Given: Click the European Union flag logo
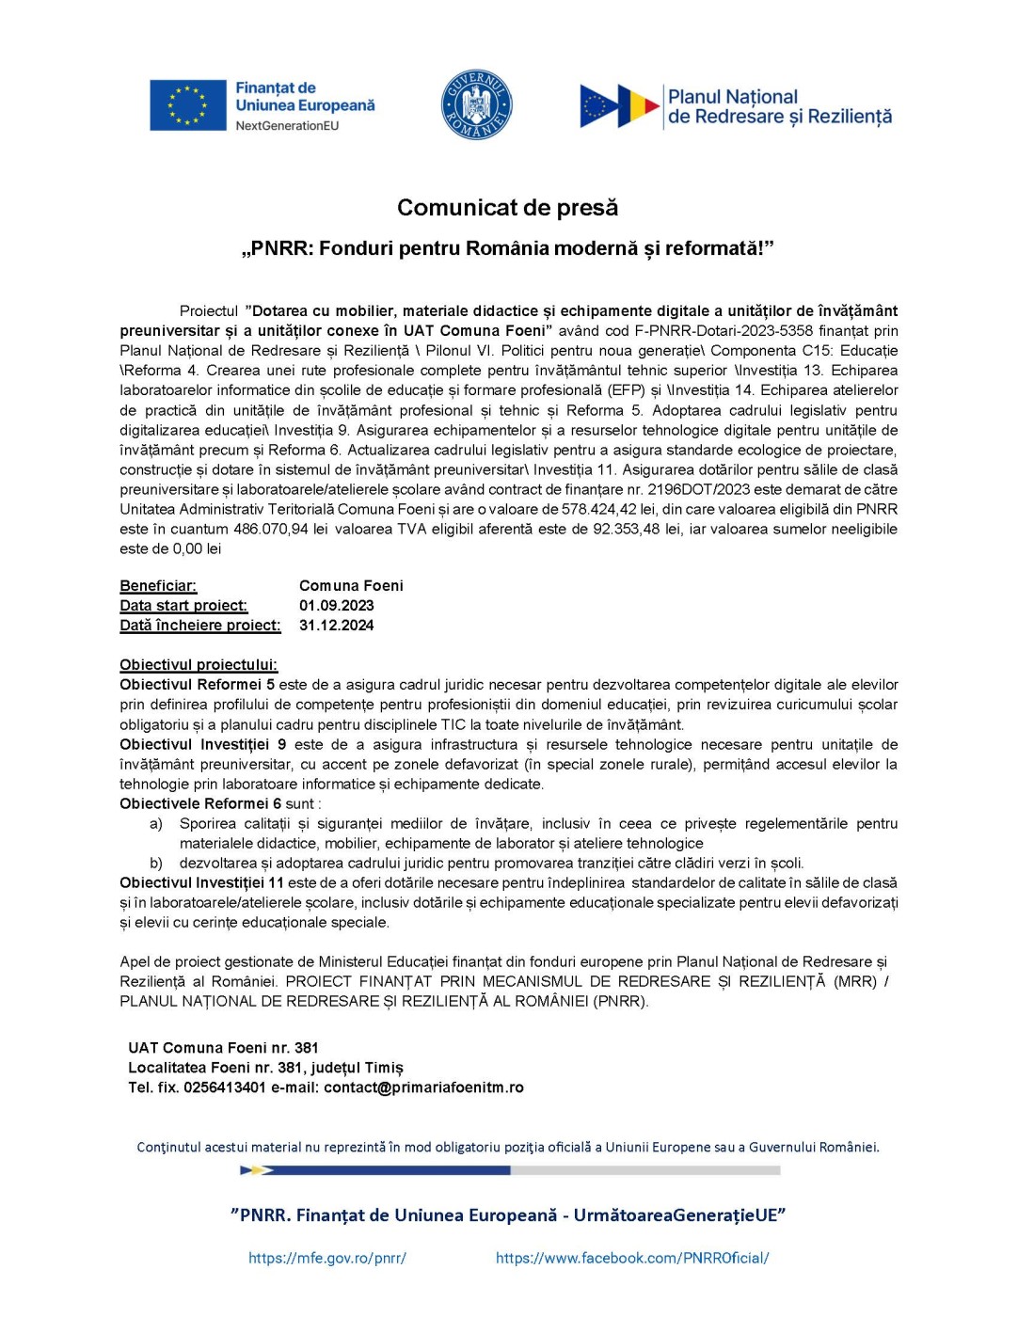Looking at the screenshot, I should [187, 104].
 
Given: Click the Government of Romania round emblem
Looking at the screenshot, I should [476, 104].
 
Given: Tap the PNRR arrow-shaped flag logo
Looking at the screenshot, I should [619, 105].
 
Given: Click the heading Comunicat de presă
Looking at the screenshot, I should [507, 207].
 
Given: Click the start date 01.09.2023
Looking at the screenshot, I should [336, 605].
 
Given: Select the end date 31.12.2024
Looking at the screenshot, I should [336, 625].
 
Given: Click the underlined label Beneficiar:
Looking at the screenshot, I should [158, 585].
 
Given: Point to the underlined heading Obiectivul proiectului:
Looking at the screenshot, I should [199, 665].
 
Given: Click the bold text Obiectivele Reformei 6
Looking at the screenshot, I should [200, 803].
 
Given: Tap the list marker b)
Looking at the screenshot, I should [155, 863].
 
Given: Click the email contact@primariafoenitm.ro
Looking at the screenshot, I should [423, 1087].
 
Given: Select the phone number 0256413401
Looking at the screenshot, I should [224, 1087].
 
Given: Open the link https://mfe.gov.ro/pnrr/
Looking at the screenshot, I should [326, 1258].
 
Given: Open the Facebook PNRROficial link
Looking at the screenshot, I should [631, 1258].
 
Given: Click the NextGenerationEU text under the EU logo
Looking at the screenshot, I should [287, 125].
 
